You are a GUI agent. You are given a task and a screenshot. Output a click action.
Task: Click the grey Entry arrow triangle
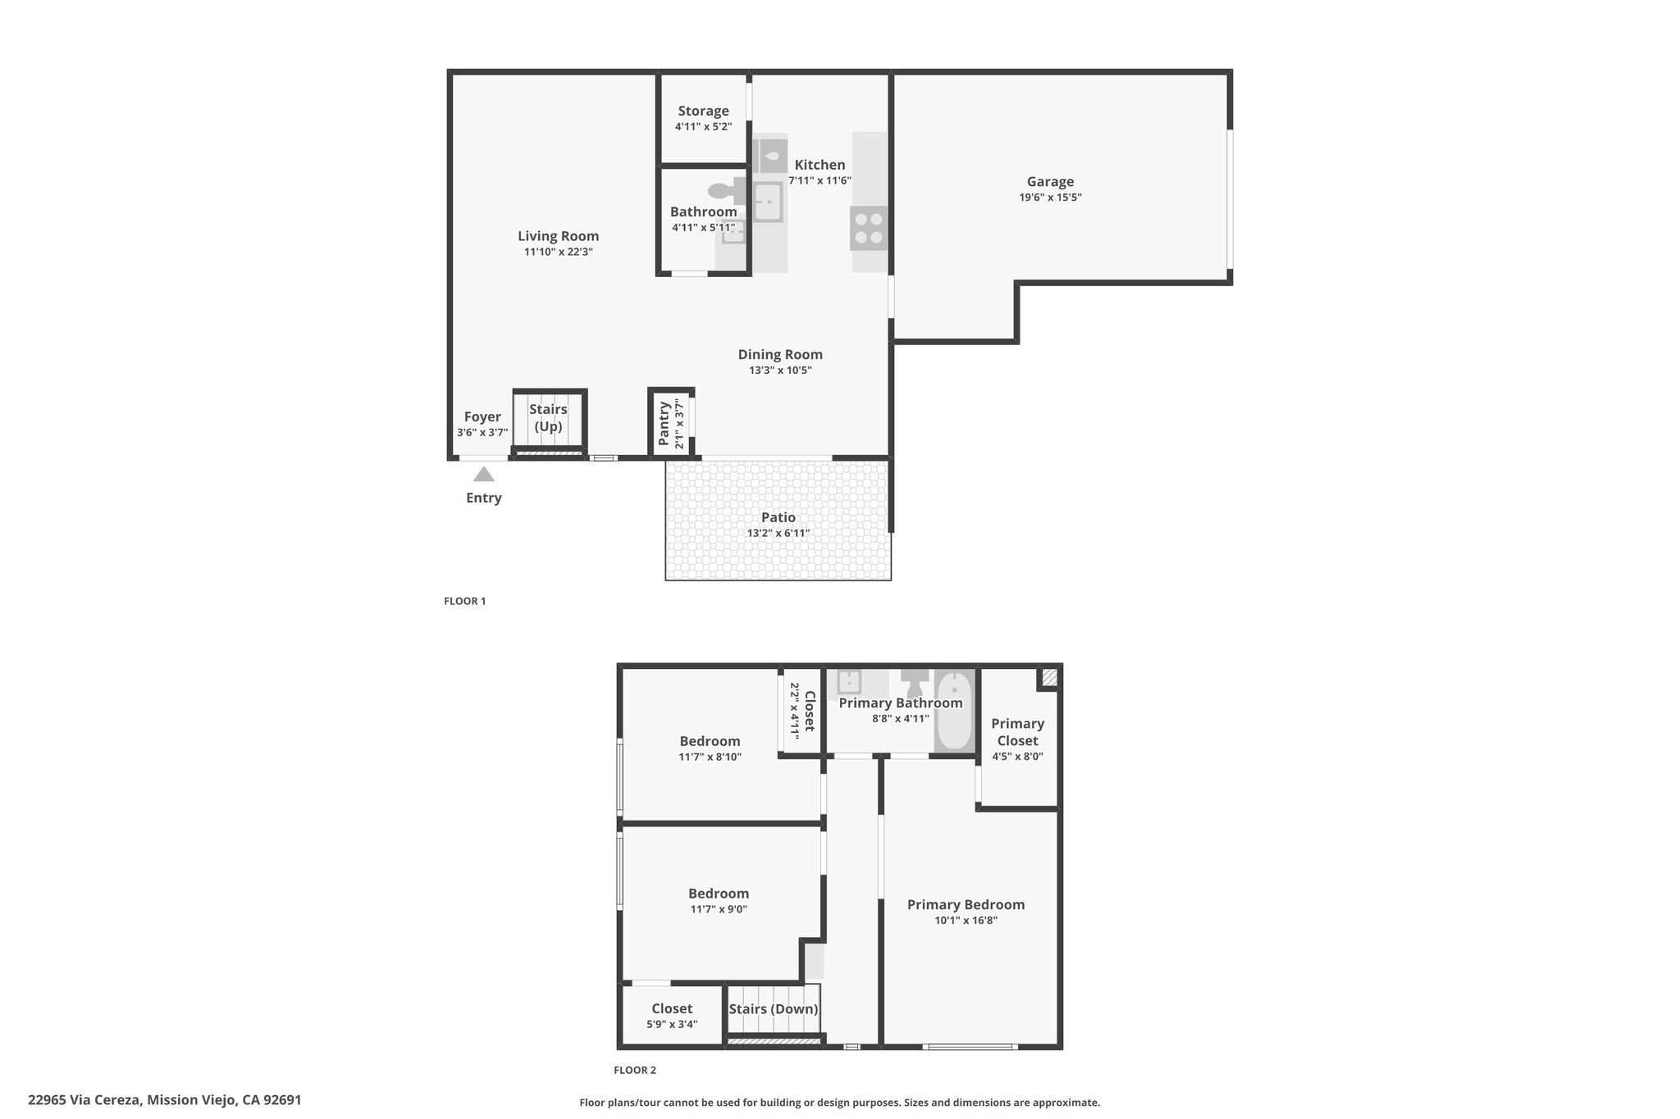[484, 474]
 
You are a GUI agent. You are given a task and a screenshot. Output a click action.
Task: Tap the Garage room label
[1050, 182]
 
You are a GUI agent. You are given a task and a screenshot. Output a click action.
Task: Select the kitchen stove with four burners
[869, 229]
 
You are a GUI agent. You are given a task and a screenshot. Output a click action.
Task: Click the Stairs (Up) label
[548, 417]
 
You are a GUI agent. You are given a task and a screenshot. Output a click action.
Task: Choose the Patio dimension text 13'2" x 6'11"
[778, 533]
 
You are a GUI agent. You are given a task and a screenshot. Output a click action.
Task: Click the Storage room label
[703, 111]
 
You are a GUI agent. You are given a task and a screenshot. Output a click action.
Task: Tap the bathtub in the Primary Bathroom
[954, 711]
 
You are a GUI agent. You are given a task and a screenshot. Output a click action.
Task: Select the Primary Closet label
[1017, 732]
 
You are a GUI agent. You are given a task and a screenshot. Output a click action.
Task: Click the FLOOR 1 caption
[465, 601]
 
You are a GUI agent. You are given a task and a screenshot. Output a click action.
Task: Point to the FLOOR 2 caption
[635, 1070]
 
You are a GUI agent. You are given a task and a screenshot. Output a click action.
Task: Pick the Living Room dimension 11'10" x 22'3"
[558, 252]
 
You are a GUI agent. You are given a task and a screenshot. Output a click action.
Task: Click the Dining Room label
[780, 354]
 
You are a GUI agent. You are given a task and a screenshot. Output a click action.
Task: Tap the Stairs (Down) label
[774, 1009]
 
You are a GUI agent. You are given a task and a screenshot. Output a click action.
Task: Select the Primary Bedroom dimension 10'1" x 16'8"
[966, 920]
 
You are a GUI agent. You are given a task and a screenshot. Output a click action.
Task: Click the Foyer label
[482, 416]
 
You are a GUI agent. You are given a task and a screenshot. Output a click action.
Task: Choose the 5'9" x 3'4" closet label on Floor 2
[672, 1024]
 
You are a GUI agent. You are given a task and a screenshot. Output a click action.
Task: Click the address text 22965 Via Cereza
[85, 1100]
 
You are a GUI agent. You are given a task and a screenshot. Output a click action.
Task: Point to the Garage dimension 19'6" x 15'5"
[1050, 198]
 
